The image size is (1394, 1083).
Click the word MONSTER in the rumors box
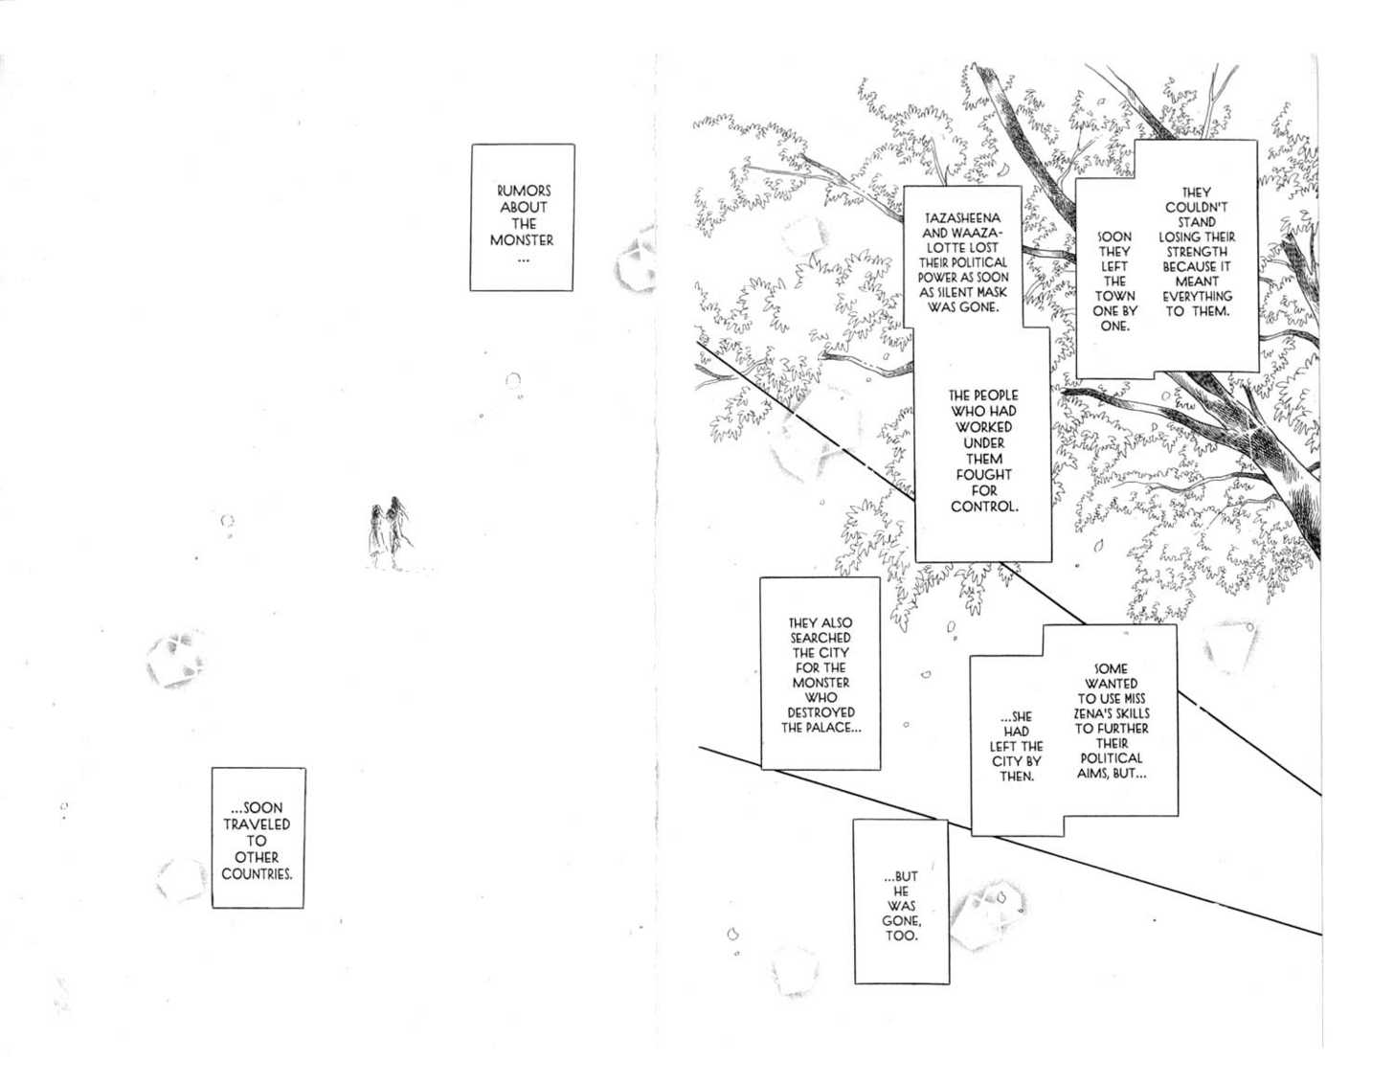pos(522,240)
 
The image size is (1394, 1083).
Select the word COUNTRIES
pos(257,874)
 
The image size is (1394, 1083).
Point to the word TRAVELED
pos(257,824)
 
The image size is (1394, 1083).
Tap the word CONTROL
pos(984,506)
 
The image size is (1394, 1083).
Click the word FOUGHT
pos(983,474)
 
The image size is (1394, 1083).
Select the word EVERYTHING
pos(1197,296)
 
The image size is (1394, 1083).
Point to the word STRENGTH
pos(1197,251)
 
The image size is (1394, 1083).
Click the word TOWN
pos(1114,296)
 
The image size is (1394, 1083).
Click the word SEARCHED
pos(821,638)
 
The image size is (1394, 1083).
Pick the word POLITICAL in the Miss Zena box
pos(1112,757)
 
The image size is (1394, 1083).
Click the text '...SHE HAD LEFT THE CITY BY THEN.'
pos(1017,746)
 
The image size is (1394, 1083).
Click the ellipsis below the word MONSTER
pos(522,258)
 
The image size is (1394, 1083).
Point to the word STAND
pos(1197,221)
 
